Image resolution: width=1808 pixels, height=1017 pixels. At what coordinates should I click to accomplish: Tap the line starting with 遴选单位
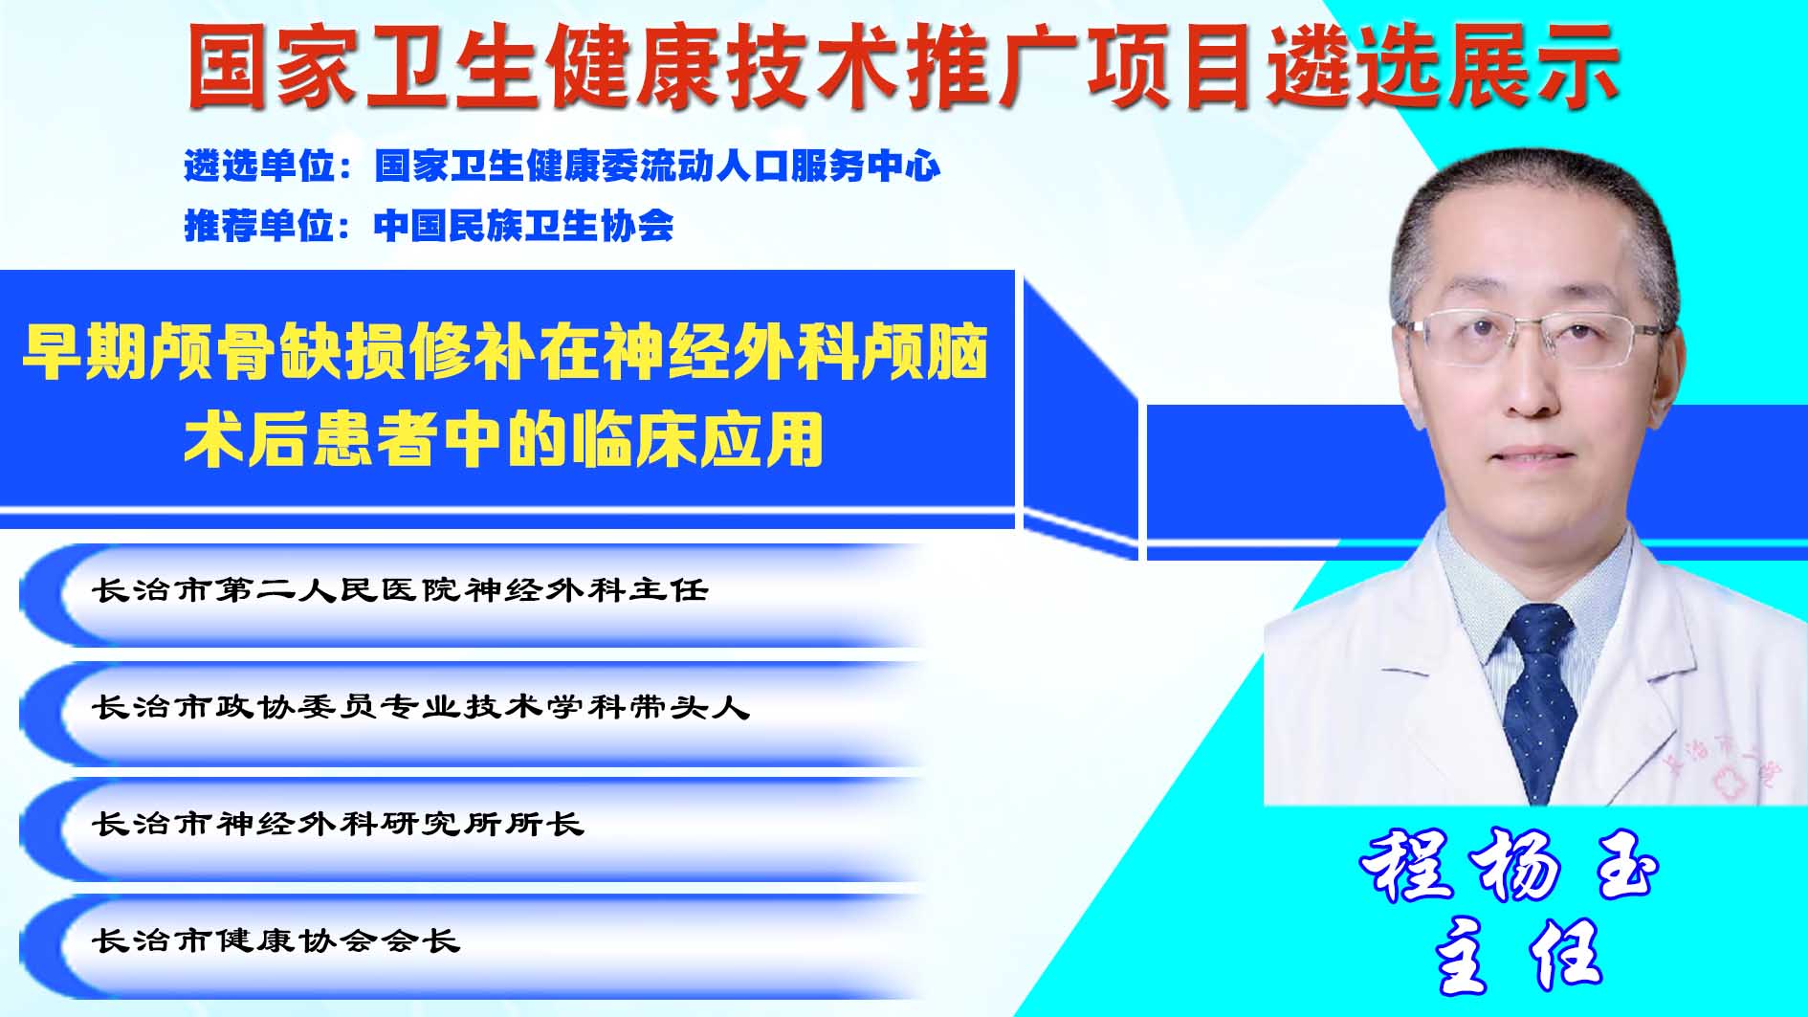point(562,166)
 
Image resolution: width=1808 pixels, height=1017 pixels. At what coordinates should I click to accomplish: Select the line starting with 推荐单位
point(429,226)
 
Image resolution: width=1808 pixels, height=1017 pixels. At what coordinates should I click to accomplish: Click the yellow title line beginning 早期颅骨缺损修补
point(505,352)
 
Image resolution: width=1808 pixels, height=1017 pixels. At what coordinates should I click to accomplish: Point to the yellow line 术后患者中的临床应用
point(504,440)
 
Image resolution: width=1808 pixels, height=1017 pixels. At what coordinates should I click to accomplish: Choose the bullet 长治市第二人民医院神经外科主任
point(400,589)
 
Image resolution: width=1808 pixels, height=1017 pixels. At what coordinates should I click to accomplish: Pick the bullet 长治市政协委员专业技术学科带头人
point(421,707)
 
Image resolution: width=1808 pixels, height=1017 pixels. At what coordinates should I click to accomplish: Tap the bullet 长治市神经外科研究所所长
point(338,824)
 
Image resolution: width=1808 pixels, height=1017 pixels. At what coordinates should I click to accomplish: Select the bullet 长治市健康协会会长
point(276,940)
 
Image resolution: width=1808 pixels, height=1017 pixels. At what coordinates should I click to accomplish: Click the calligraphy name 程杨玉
point(1509,866)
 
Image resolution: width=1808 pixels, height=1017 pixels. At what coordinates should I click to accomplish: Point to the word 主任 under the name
point(1518,955)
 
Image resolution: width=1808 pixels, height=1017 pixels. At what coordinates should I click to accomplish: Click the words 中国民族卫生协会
point(524,226)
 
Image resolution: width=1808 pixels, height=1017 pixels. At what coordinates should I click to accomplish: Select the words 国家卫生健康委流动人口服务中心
point(658,166)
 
